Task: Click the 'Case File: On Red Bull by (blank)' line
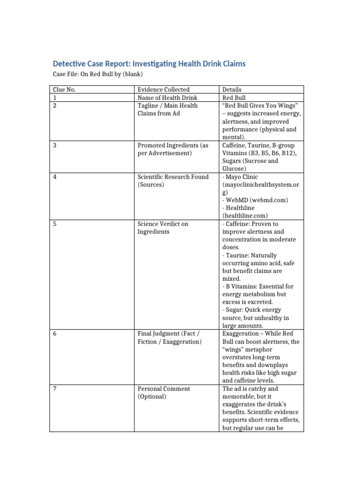[x=97, y=74]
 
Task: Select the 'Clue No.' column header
[x=65, y=90]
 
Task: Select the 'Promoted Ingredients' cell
[x=172, y=149]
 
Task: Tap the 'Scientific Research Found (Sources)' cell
[x=172, y=180]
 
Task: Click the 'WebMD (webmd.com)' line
[x=256, y=200]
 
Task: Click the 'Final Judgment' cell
[x=169, y=337]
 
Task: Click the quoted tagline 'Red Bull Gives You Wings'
[x=261, y=105]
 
